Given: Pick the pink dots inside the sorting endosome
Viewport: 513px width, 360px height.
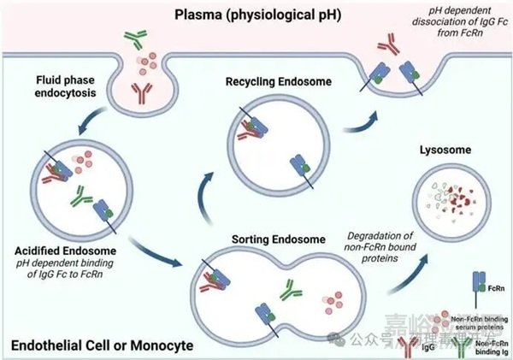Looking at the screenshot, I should (x=332, y=299).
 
